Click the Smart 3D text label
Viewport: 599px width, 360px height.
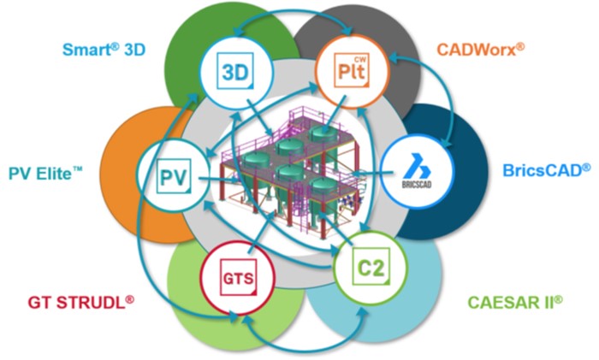pos(105,49)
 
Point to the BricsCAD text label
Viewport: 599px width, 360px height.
pos(544,169)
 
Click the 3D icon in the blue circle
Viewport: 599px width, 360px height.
pos(231,69)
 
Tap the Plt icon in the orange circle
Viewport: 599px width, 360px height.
pos(347,68)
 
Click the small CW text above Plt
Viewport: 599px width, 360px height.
pos(359,58)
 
